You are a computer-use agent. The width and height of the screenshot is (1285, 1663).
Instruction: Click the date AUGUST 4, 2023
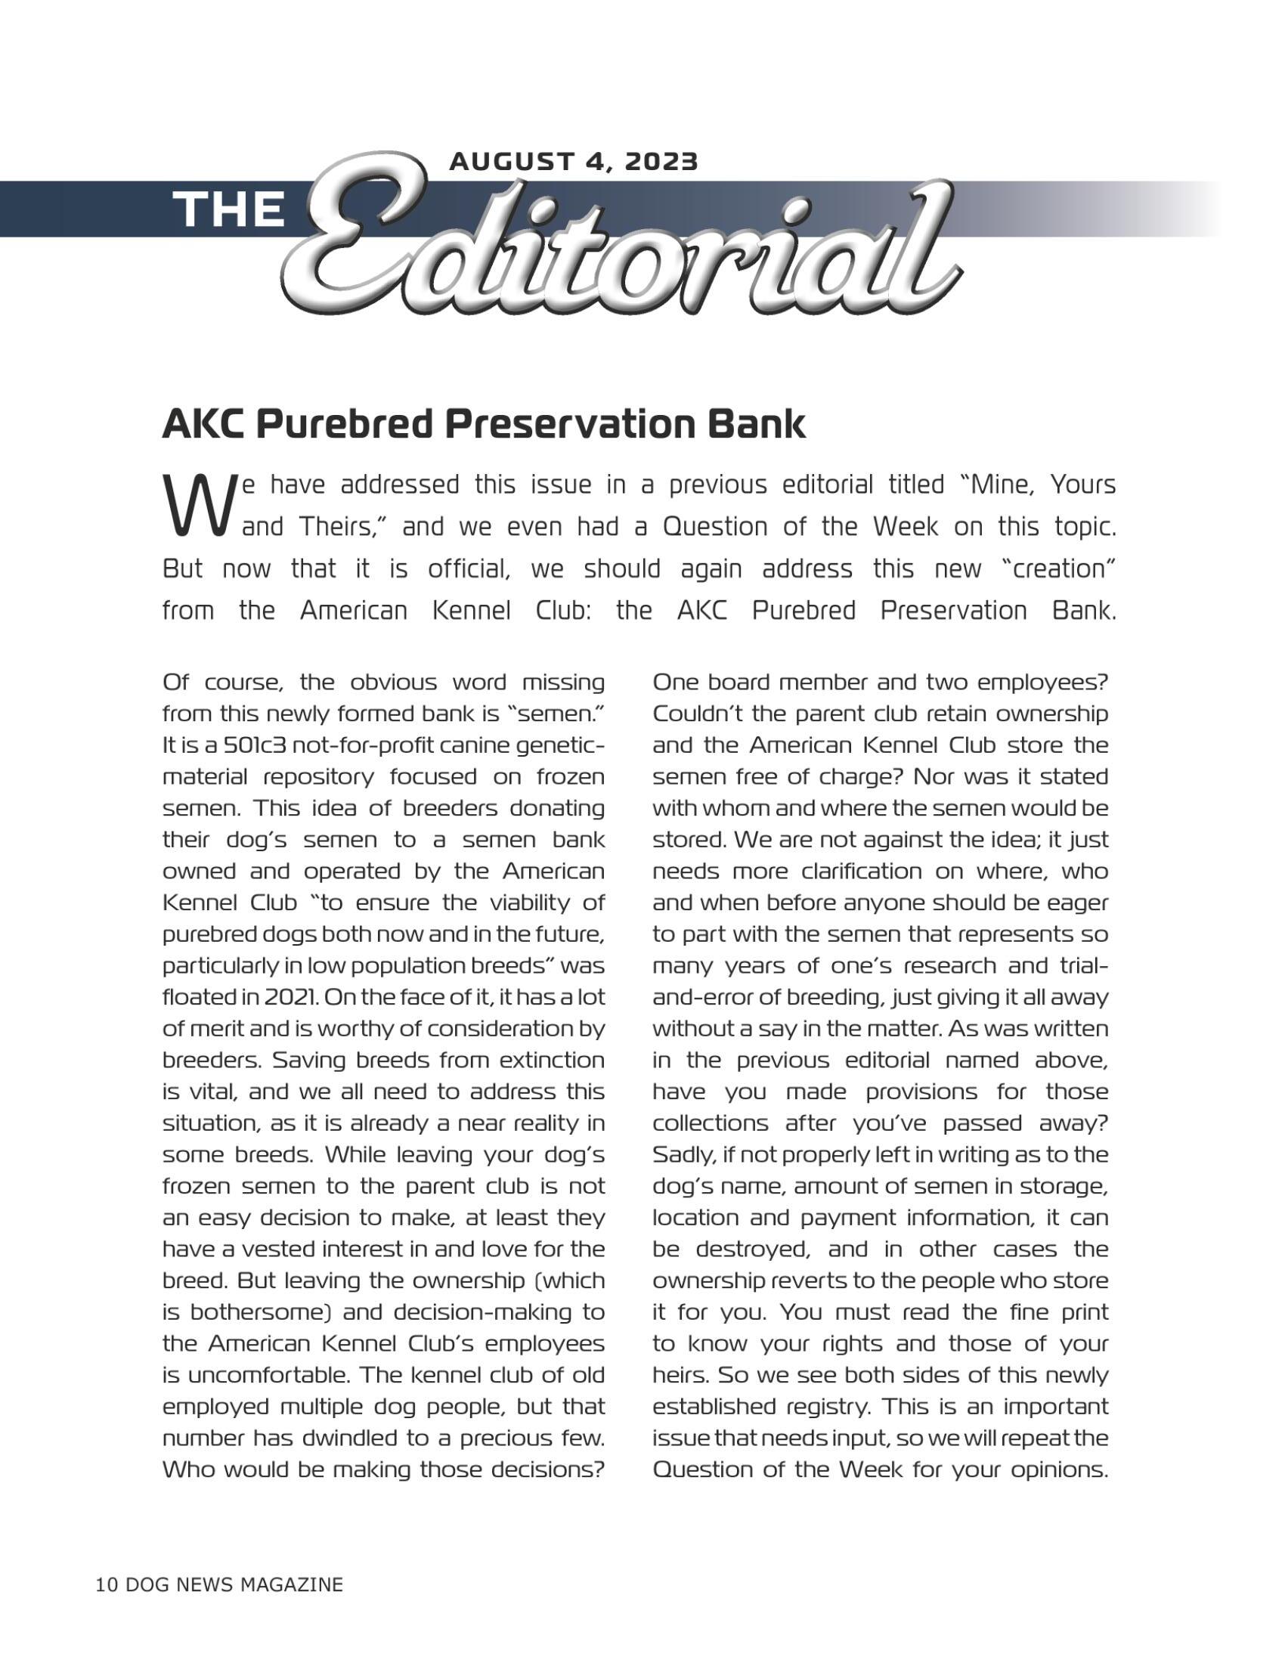click(573, 162)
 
